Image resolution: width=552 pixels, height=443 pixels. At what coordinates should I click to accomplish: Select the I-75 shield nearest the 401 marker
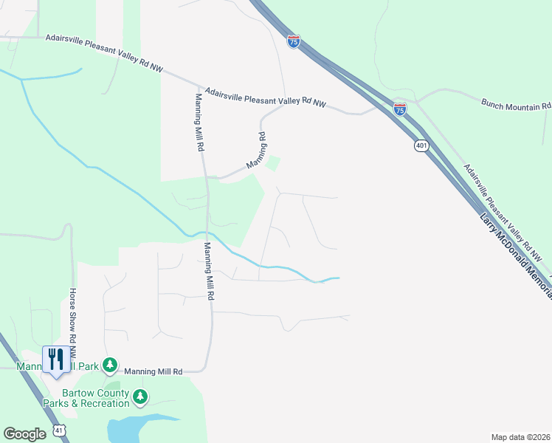[x=400, y=109]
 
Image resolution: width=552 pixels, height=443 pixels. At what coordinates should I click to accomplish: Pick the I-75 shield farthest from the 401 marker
[x=294, y=42]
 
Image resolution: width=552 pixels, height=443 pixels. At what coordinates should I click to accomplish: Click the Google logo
[x=24, y=434]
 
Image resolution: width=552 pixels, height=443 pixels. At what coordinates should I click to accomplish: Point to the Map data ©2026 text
[x=521, y=437]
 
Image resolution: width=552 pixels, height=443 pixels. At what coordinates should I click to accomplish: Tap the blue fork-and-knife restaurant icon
[x=56, y=360]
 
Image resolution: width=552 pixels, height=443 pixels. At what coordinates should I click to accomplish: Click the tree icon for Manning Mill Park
[x=110, y=364]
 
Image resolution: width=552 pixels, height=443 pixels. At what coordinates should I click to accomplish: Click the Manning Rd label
[x=255, y=150]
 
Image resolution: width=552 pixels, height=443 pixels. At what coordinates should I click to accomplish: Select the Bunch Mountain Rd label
[x=516, y=105]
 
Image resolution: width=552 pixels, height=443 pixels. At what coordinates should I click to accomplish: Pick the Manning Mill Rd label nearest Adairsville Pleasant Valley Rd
[x=199, y=123]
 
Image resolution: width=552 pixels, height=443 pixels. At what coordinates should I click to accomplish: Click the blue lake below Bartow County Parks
[x=140, y=427]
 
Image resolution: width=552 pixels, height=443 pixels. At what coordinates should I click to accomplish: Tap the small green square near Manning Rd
[x=273, y=163]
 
